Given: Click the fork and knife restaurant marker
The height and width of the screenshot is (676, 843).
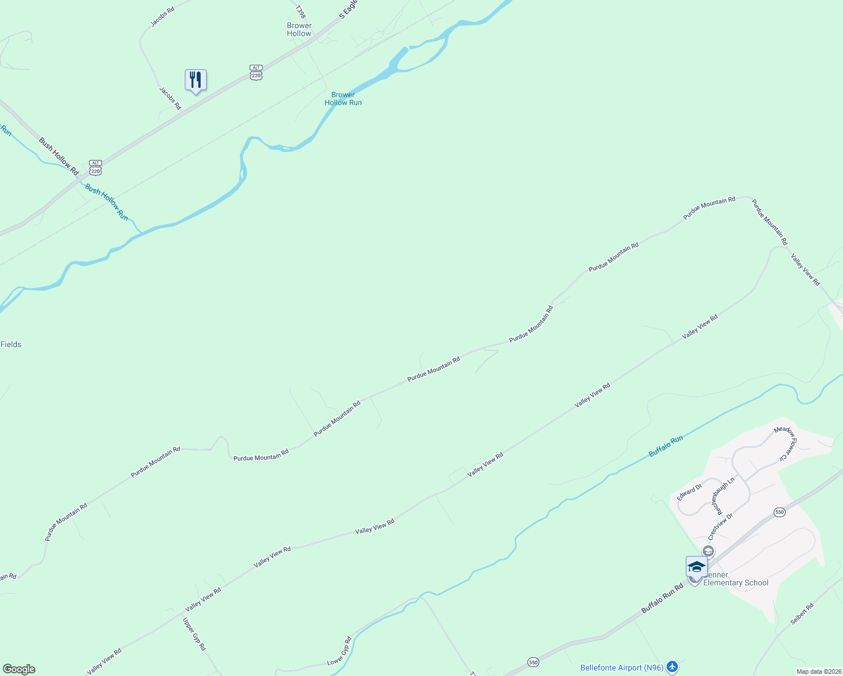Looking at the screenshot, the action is click(x=196, y=80).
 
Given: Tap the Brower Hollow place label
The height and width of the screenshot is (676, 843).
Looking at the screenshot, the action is click(x=299, y=29).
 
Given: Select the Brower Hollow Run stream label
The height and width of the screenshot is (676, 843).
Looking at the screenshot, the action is click(x=343, y=99).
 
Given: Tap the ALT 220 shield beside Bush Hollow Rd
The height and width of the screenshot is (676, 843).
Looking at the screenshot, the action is click(x=95, y=167).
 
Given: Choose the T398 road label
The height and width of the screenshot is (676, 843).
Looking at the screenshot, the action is click(x=300, y=11).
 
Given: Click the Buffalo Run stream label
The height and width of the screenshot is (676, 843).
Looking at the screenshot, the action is click(x=665, y=446).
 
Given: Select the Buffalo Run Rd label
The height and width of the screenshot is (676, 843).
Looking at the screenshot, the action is click(x=662, y=598).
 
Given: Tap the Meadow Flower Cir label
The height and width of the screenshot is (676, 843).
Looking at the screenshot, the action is click(x=784, y=443).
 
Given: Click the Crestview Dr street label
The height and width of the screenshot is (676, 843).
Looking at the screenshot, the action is click(x=721, y=526).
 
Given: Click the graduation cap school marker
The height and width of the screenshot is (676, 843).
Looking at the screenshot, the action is click(x=696, y=567).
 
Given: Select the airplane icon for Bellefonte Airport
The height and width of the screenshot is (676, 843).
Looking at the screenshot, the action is click(x=672, y=668).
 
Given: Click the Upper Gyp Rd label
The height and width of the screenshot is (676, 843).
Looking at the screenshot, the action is click(x=194, y=634).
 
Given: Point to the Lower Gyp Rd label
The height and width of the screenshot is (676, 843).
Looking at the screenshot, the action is click(x=339, y=651).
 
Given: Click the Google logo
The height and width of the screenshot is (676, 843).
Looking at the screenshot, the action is click(x=19, y=669).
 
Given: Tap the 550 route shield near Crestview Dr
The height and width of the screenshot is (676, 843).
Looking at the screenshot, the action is click(x=779, y=512).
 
